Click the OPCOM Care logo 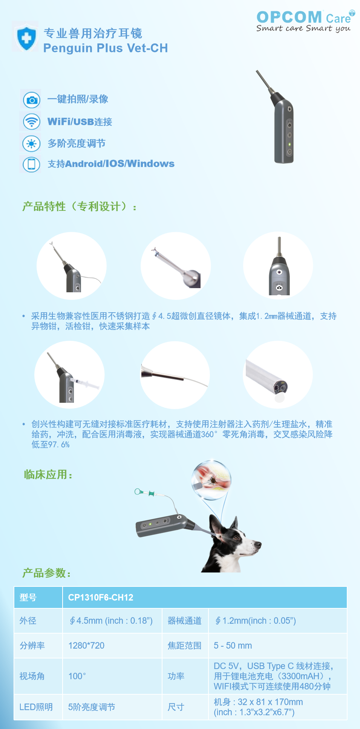pyautogui.click(x=305, y=21)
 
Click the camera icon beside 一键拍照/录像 pyautogui.click(x=32, y=100)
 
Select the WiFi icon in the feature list pyautogui.click(x=32, y=121)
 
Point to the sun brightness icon pyautogui.click(x=32, y=143)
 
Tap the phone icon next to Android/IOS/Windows pyautogui.click(x=32, y=164)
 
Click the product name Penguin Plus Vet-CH pyautogui.click(x=106, y=48)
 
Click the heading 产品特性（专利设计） pyautogui.click(x=80, y=206)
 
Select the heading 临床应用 pyautogui.click(x=48, y=474)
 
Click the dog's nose pyautogui.click(x=258, y=544)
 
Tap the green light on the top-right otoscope pyautogui.click(x=290, y=144)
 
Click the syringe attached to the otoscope pyautogui.click(x=85, y=384)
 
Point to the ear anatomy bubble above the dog pyautogui.click(x=211, y=480)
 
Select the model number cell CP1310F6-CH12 pyautogui.click(x=101, y=597)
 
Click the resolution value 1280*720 pyautogui.click(x=86, y=646)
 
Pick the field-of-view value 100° pyautogui.click(x=77, y=676)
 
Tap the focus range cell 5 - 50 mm pyautogui.click(x=233, y=646)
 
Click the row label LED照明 pyautogui.click(x=36, y=707)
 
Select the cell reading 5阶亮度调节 pyautogui.click(x=92, y=707)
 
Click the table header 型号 pyautogui.click(x=28, y=597)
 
